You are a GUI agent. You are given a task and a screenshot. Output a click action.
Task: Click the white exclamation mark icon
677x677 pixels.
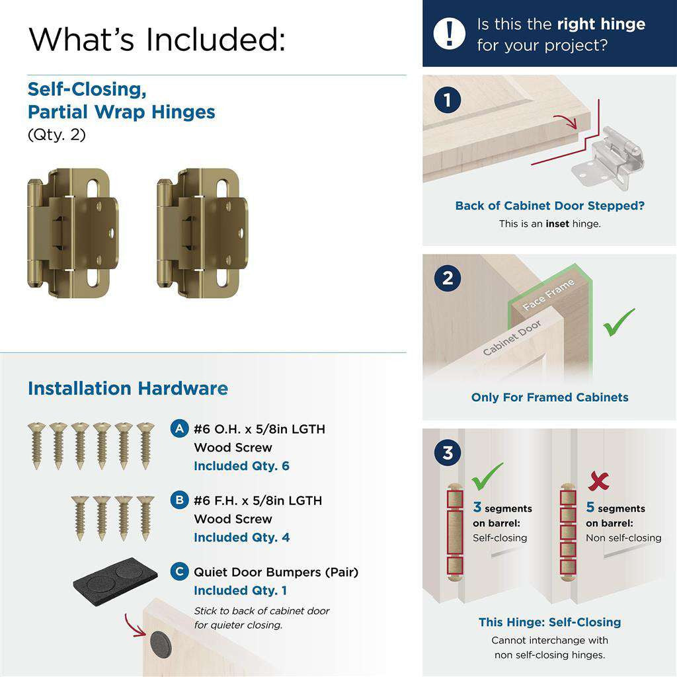(x=450, y=32)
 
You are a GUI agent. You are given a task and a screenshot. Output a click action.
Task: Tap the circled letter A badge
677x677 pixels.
(x=179, y=428)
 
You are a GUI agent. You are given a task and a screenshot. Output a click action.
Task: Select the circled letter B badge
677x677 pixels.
(x=179, y=500)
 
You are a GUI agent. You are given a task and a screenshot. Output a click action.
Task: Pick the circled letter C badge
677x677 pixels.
(x=179, y=571)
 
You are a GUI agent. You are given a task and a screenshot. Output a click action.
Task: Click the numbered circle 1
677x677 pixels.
(x=448, y=100)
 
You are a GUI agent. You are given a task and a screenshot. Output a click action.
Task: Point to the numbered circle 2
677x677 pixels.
(x=448, y=278)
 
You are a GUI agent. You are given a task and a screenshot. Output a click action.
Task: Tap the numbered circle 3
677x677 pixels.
(x=448, y=454)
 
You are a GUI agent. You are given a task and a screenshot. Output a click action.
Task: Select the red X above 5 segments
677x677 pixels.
(x=598, y=481)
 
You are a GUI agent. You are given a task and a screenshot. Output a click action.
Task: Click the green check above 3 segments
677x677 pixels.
(x=487, y=475)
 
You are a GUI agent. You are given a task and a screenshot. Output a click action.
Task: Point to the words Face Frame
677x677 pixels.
(x=549, y=295)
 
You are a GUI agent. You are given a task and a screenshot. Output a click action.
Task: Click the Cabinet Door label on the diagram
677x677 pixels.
(x=512, y=338)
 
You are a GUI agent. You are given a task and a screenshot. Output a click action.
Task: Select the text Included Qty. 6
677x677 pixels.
(x=241, y=466)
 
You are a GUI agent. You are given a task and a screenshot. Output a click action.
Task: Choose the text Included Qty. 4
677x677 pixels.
(x=241, y=538)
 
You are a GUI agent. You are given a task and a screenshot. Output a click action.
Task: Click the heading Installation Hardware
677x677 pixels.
(x=128, y=388)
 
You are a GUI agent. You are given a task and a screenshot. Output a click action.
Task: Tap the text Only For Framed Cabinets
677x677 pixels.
(x=549, y=397)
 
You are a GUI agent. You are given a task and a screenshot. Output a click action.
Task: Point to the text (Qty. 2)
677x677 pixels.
(x=56, y=135)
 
